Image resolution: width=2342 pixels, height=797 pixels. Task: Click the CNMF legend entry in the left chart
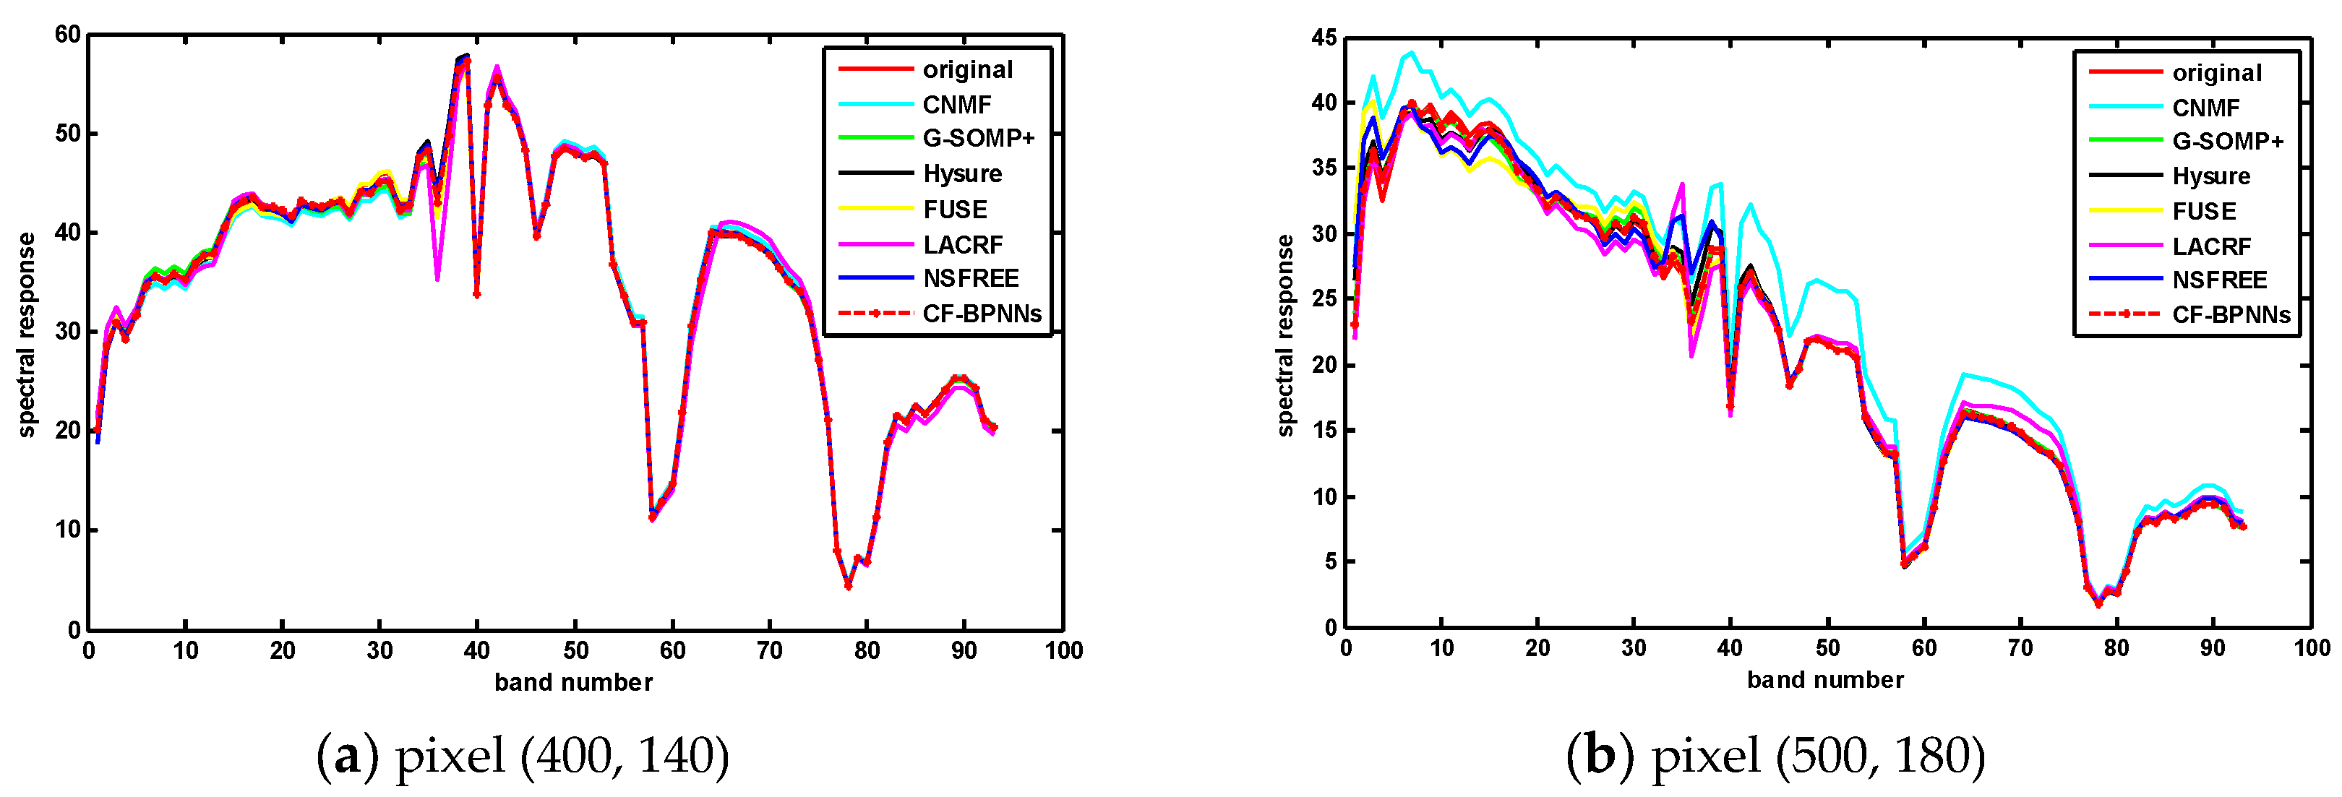point(956,105)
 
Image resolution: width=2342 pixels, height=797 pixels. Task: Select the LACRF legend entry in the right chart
point(2211,246)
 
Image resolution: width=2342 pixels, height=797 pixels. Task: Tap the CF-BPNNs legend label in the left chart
point(981,314)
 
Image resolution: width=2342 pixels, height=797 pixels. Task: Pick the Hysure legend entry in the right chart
point(2211,176)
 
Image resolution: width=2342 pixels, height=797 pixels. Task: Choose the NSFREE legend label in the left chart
point(970,278)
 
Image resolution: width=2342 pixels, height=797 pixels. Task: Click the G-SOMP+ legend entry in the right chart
point(2228,141)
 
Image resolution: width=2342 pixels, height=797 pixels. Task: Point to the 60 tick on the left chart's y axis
point(68,35)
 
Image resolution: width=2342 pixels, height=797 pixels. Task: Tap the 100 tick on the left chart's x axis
point(1063,651)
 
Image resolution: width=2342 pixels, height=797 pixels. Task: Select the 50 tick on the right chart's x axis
point(1827,648)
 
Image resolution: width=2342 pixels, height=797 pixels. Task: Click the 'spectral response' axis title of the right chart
point(1284,335)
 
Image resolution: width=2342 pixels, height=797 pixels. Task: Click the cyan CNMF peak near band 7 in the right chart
point(1411,53)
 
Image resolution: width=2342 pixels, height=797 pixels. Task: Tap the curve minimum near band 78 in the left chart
point(847,586)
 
